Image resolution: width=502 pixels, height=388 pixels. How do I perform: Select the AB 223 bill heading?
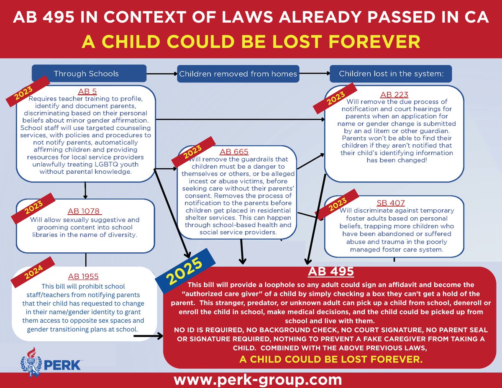(x=394, y=95)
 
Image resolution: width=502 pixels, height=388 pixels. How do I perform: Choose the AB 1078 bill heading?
(x=85, y=211)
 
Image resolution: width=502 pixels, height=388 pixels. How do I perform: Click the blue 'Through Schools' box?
(x=86, y=74)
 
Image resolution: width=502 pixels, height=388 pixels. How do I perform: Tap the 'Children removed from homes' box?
(x=237, y=74)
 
